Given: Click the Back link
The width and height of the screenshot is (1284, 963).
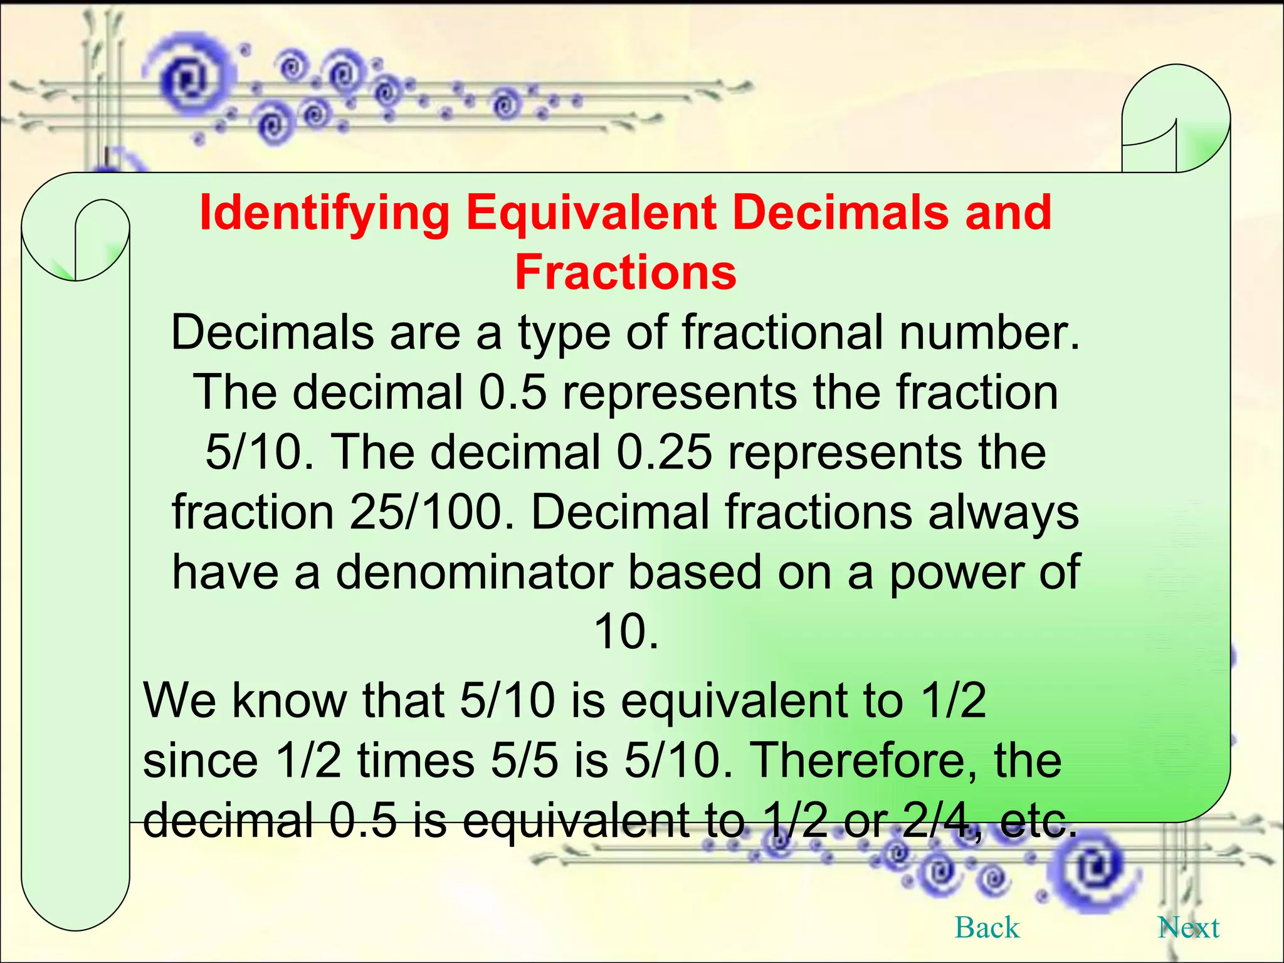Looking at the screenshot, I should pos(987,927).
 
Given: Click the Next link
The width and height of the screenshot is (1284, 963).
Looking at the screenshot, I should pos(1188,927).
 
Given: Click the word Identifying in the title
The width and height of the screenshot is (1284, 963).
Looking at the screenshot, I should pos(324,213).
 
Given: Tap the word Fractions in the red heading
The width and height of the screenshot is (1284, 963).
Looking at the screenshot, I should pos(626,273).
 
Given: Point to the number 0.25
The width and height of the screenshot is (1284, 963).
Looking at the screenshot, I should pos(664,452).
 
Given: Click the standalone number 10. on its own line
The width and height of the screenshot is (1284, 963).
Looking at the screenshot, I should pos(626,631).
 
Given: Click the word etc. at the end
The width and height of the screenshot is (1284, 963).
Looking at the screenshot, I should pos(1038,820).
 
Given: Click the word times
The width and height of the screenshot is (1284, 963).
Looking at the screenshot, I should pos(416,760).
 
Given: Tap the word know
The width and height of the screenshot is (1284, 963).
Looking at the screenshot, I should pos(289,700).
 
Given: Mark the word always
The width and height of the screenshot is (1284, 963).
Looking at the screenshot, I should pos(1003,512).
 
